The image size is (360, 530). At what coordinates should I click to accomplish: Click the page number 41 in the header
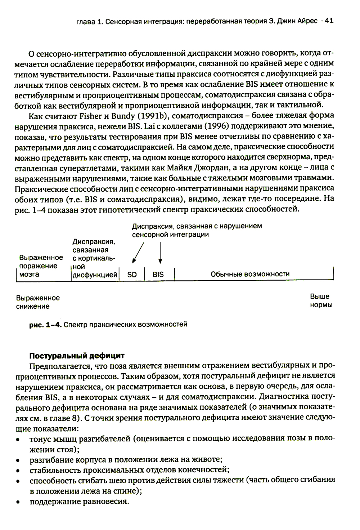(329, 21)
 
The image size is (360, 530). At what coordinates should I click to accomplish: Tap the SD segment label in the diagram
(132, 275)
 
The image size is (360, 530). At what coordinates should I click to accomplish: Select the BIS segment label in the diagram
(158, 275)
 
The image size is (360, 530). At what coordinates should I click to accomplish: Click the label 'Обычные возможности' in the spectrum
(250, 274)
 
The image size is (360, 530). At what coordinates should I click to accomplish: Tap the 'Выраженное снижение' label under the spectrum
(38, 302)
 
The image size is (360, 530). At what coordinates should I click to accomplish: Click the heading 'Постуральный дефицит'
(77, 356)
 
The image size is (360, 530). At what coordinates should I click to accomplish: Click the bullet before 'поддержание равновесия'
(18, 502)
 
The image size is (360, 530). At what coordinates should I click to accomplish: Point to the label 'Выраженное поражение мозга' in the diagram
(41, 266)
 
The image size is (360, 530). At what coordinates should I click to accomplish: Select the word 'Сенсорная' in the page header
(121, 21)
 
